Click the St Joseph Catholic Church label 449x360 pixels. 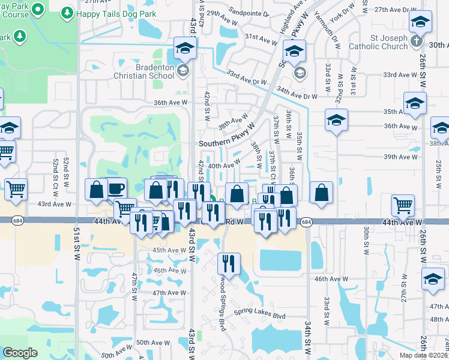tap(376, 45)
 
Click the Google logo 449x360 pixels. tap(20, 353)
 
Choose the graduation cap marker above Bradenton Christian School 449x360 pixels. tap(185, 48)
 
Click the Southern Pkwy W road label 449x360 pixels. tap(227, 143)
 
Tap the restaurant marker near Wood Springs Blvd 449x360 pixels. tap(229, 262)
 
